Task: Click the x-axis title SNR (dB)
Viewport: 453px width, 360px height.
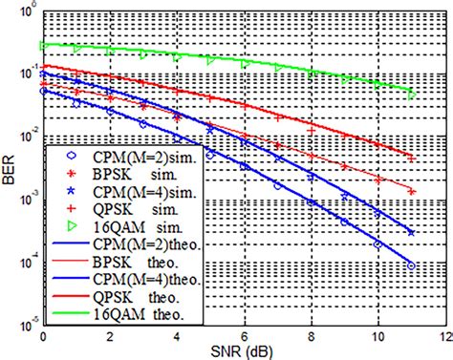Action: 243,350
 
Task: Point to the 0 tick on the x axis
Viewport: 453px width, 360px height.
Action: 43,335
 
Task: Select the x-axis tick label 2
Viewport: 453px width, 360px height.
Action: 110,335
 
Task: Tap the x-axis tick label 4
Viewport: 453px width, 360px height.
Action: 177,335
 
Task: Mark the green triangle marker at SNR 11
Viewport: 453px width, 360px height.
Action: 411,95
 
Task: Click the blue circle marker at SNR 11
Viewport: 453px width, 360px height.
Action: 411,265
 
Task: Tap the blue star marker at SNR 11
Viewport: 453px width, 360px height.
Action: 411,232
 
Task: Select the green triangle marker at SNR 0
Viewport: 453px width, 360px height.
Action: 44,45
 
